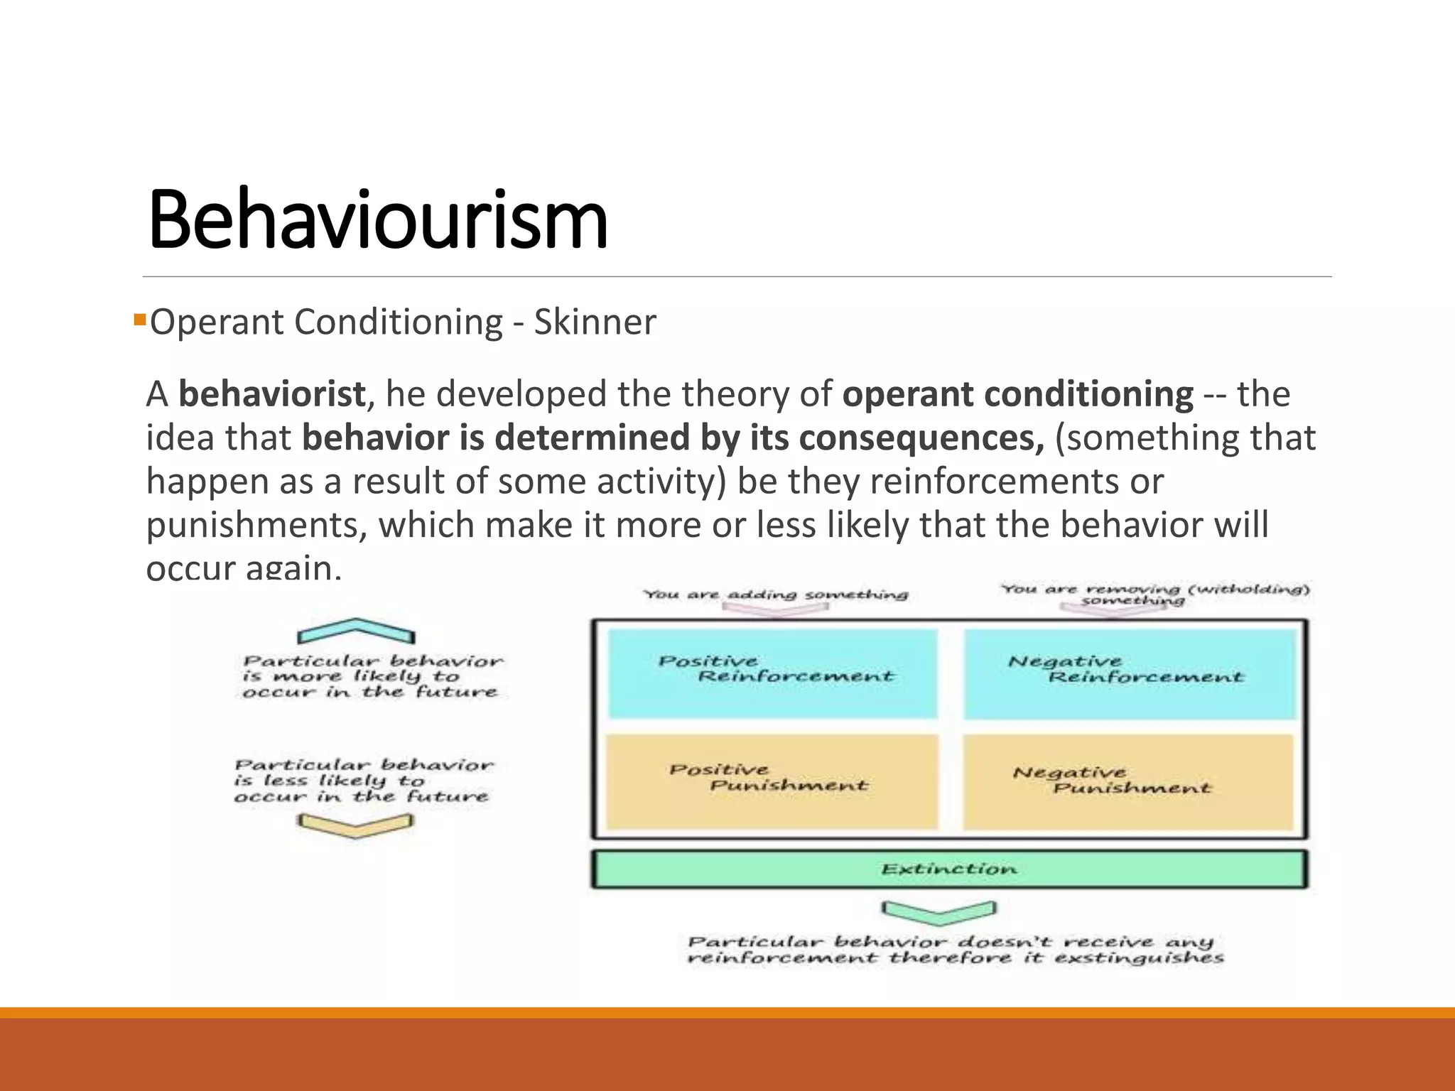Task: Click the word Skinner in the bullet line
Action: click(595, 322)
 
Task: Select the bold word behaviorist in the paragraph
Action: click(271, 394)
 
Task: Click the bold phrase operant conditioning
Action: click(1017, 394)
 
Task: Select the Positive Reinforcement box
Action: click(773, 673)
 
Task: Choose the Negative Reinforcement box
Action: click(1130, 673)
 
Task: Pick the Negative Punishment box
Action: click(1128, 781)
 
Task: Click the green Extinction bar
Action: click(949, 869)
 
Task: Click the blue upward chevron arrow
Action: click(356, 631)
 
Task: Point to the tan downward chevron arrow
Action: click(356, 825)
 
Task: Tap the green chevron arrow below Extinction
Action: click(939, 911)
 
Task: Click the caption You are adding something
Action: click(776, 595)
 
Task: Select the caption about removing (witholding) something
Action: click(1155, 595)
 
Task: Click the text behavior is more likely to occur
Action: click(372, 677)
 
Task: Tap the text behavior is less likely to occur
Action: click(363, 781)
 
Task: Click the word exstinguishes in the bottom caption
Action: click(1139, 958)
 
